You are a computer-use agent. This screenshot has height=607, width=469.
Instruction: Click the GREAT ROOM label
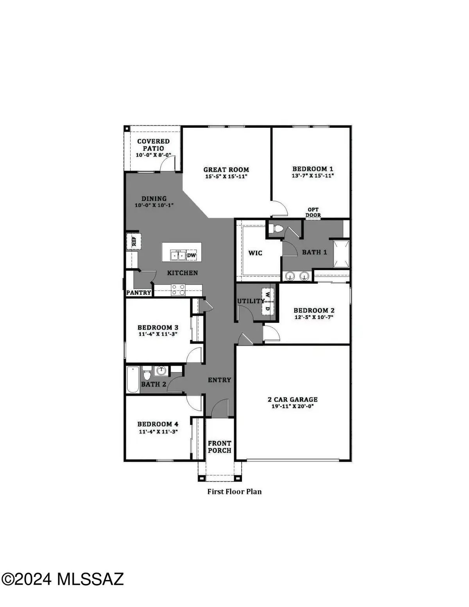[226, 170]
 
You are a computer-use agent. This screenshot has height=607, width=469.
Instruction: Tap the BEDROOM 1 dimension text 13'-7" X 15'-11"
[313, 175]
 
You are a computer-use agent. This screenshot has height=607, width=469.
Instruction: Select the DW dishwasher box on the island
[191, 256]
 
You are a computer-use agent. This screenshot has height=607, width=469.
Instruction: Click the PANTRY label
[139, 292]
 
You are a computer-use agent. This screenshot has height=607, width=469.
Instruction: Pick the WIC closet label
[255, 253]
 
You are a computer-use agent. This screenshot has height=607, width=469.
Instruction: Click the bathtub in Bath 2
[133, 380]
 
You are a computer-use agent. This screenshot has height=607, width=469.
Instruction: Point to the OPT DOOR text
[313, 212]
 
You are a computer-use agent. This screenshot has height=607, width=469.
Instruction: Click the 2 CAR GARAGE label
[292, 399]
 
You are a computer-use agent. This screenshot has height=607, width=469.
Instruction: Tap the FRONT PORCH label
[219, 447]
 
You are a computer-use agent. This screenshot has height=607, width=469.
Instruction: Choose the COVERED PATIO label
[153, 145]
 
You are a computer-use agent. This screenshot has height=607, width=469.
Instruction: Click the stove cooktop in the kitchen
[179, 290]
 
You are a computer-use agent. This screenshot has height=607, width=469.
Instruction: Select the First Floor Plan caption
[234, 492]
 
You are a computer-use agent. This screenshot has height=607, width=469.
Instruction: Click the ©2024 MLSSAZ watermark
[63, 579]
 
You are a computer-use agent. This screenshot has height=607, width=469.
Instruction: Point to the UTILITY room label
[251, 301]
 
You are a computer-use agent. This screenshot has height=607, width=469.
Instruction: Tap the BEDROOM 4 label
[158, 424]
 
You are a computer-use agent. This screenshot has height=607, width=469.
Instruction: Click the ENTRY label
[219, 380]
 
